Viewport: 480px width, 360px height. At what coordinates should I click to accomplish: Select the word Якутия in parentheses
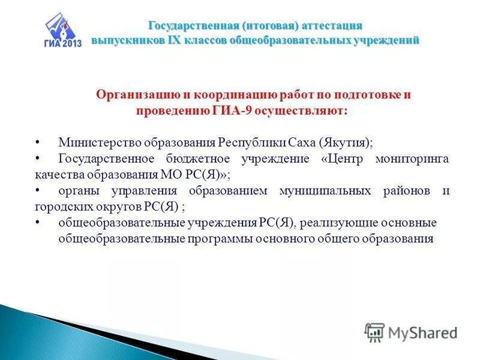click(346, 143)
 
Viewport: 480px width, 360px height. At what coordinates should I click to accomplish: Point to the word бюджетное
click(199, 159)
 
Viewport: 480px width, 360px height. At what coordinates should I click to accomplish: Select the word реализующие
click(334, 223)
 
